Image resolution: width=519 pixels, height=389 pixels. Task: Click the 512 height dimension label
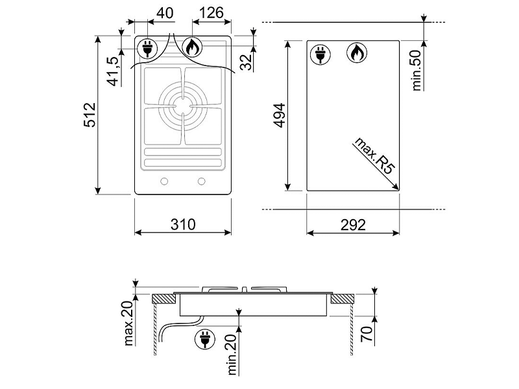[90, 115]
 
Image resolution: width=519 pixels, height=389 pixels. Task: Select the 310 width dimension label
[183, 224]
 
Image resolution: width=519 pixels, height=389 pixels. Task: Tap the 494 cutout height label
[280, 115]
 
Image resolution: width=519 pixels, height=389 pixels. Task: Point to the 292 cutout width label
[353, 225]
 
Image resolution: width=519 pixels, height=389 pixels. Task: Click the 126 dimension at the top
[211, 13]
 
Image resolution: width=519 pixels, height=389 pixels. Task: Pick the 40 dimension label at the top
[165, 13]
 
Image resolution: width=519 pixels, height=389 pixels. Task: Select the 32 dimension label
[246, 62]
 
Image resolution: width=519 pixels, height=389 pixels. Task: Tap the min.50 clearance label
[416, 70]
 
